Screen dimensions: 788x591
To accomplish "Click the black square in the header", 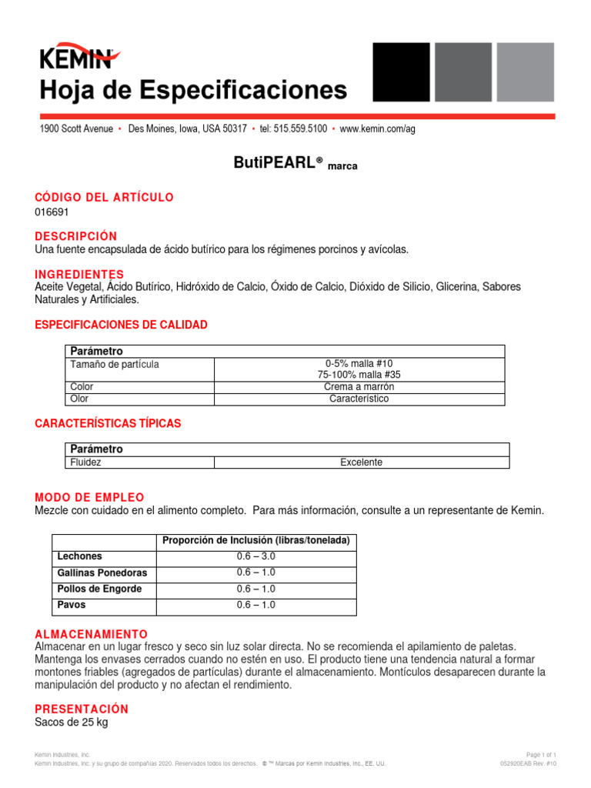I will [x=401, y=72].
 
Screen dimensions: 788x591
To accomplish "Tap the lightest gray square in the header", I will [x=525, y=72].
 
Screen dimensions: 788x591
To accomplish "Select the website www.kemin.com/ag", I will [x=377, y=129].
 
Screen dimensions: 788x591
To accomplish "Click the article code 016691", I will [x=52, y=212].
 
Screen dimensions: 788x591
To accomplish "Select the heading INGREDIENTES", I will [x=79, y=274].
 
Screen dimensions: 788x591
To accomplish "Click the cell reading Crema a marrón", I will [x=359, y=387].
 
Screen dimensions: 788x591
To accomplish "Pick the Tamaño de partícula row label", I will [x=115, y=364].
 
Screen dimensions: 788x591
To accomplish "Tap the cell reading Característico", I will [x=359, y=399].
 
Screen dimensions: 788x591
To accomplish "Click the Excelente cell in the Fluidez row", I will [x=361, y=462].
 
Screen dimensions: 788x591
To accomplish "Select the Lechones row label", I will [x=79, y=556].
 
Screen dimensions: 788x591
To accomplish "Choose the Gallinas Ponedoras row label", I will [x=102, y=573].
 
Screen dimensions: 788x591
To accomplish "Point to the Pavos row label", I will [x=71, y=605].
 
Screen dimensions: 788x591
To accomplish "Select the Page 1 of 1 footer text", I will [x=541, y=755].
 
